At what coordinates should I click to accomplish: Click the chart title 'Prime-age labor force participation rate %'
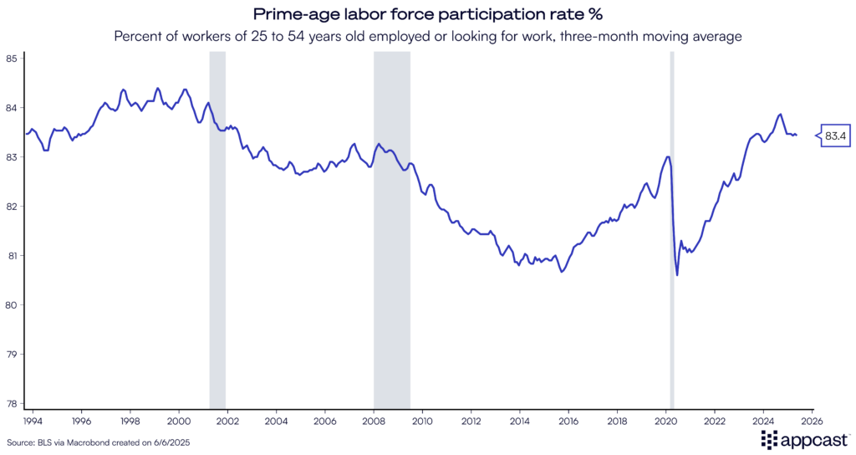point(428,14)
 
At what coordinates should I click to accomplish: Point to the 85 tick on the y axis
point(11,59)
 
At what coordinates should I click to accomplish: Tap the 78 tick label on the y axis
point(11,403)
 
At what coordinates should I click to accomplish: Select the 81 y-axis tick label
point(11,255)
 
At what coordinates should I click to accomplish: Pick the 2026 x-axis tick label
point(813,421)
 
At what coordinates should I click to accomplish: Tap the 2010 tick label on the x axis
point(422,421)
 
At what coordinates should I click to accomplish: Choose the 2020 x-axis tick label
point(666,421)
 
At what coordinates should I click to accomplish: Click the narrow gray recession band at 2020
point(671,226)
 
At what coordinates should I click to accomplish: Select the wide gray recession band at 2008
point(392,226)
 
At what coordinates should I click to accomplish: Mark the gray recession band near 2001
point(217,226)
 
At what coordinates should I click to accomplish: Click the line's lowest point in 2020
point(677,275)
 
